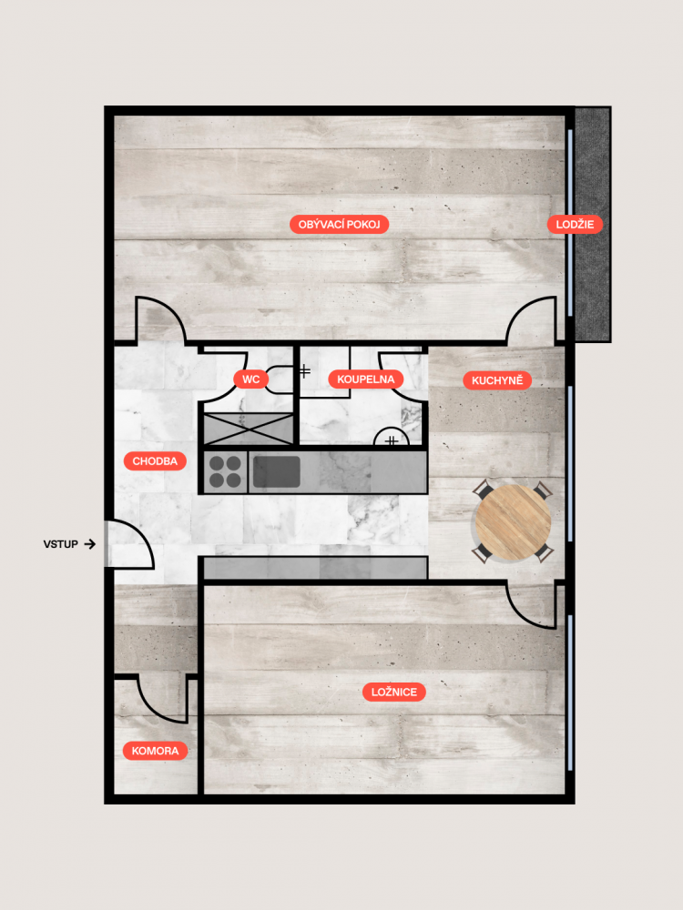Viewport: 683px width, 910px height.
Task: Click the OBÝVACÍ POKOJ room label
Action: click(x=339, y=225)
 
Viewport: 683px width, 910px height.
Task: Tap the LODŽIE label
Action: click(x=575, y=225)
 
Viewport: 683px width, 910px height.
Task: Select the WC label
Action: click(x=251, y=379)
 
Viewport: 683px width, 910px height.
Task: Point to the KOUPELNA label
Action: click(x=366, y=379)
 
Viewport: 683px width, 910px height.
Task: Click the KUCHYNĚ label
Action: click(x=497, y=380)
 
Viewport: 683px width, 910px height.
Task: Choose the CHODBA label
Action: click(x=155, y=461)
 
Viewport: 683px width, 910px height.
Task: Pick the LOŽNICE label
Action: click(x=394, y=692)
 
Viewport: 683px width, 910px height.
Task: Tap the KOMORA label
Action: click(x=155, y=751)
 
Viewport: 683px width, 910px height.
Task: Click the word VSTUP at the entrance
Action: click(x=60, y=544)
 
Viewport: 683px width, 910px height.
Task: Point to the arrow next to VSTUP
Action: click(x=89, y=544)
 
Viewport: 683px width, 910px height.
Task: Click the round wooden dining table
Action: click(x=513, y=522)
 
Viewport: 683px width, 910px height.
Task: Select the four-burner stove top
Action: click(x=225, y=471)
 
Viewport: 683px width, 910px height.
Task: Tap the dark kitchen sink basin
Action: click(x=277, y=471)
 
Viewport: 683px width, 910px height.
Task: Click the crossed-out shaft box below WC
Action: click(x=249, y=430)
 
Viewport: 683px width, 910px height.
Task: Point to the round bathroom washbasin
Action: click(x=391, y=437)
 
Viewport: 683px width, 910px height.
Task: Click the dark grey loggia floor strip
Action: click(x=593, y=225)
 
